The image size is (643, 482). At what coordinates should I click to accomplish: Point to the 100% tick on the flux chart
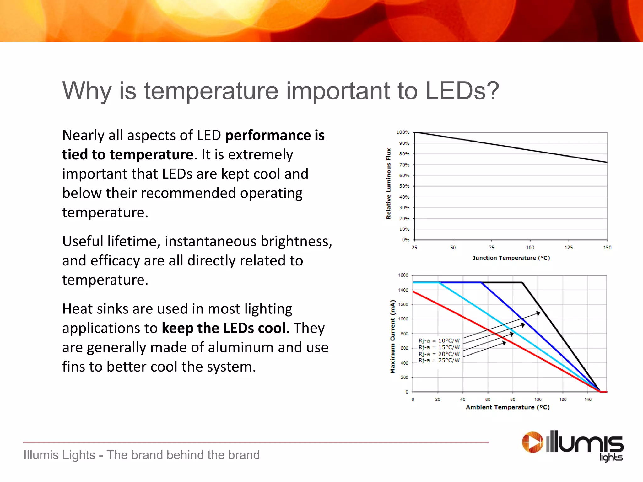click(403, 132)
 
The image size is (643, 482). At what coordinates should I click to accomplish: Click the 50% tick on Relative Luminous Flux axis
click(404, 186)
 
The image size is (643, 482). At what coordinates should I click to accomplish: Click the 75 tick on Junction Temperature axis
click(491, 248)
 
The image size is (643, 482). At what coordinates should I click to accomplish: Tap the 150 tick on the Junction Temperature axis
click(607, 248)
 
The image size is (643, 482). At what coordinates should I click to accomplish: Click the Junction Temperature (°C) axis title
click(511, 258)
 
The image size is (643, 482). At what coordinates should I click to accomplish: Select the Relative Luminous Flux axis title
click(389, 184)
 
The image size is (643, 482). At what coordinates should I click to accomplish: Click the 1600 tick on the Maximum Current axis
click(403, 275)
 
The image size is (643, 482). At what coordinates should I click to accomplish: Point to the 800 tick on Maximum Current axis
click(404, 334)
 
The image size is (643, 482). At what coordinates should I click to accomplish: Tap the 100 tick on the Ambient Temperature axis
click(538, 399)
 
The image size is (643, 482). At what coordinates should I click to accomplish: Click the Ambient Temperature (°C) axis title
click(508, 407)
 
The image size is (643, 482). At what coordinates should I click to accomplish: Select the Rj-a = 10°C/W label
click(439, 341)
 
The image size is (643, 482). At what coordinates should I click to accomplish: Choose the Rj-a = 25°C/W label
click(439, 361)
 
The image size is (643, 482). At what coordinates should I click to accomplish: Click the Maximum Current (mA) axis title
click(392, 337)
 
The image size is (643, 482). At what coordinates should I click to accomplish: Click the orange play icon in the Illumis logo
click(532, 442)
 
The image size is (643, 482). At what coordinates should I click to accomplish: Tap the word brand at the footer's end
click(244, 455)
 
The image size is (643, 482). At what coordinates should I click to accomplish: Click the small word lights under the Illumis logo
click(611, 457)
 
